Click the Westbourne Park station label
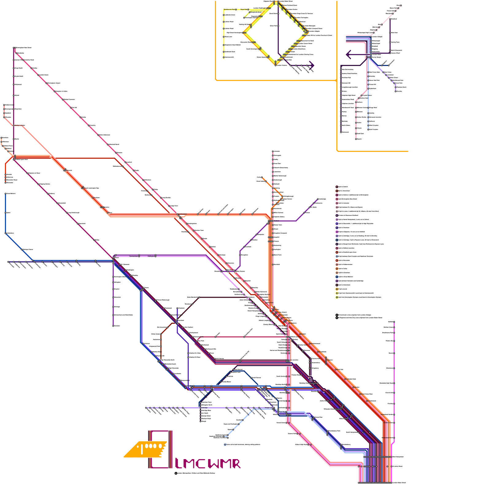(230, 10)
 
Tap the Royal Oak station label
(244, 10)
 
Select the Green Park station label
(273, 26)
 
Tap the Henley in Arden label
(20, 125)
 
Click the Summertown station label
(133, 256)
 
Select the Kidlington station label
(151, 256)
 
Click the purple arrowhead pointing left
(348, 55)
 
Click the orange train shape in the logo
(144, 450)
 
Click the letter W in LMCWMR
(213, 464)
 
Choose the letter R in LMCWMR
(236, 464)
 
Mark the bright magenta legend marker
(337, 232)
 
